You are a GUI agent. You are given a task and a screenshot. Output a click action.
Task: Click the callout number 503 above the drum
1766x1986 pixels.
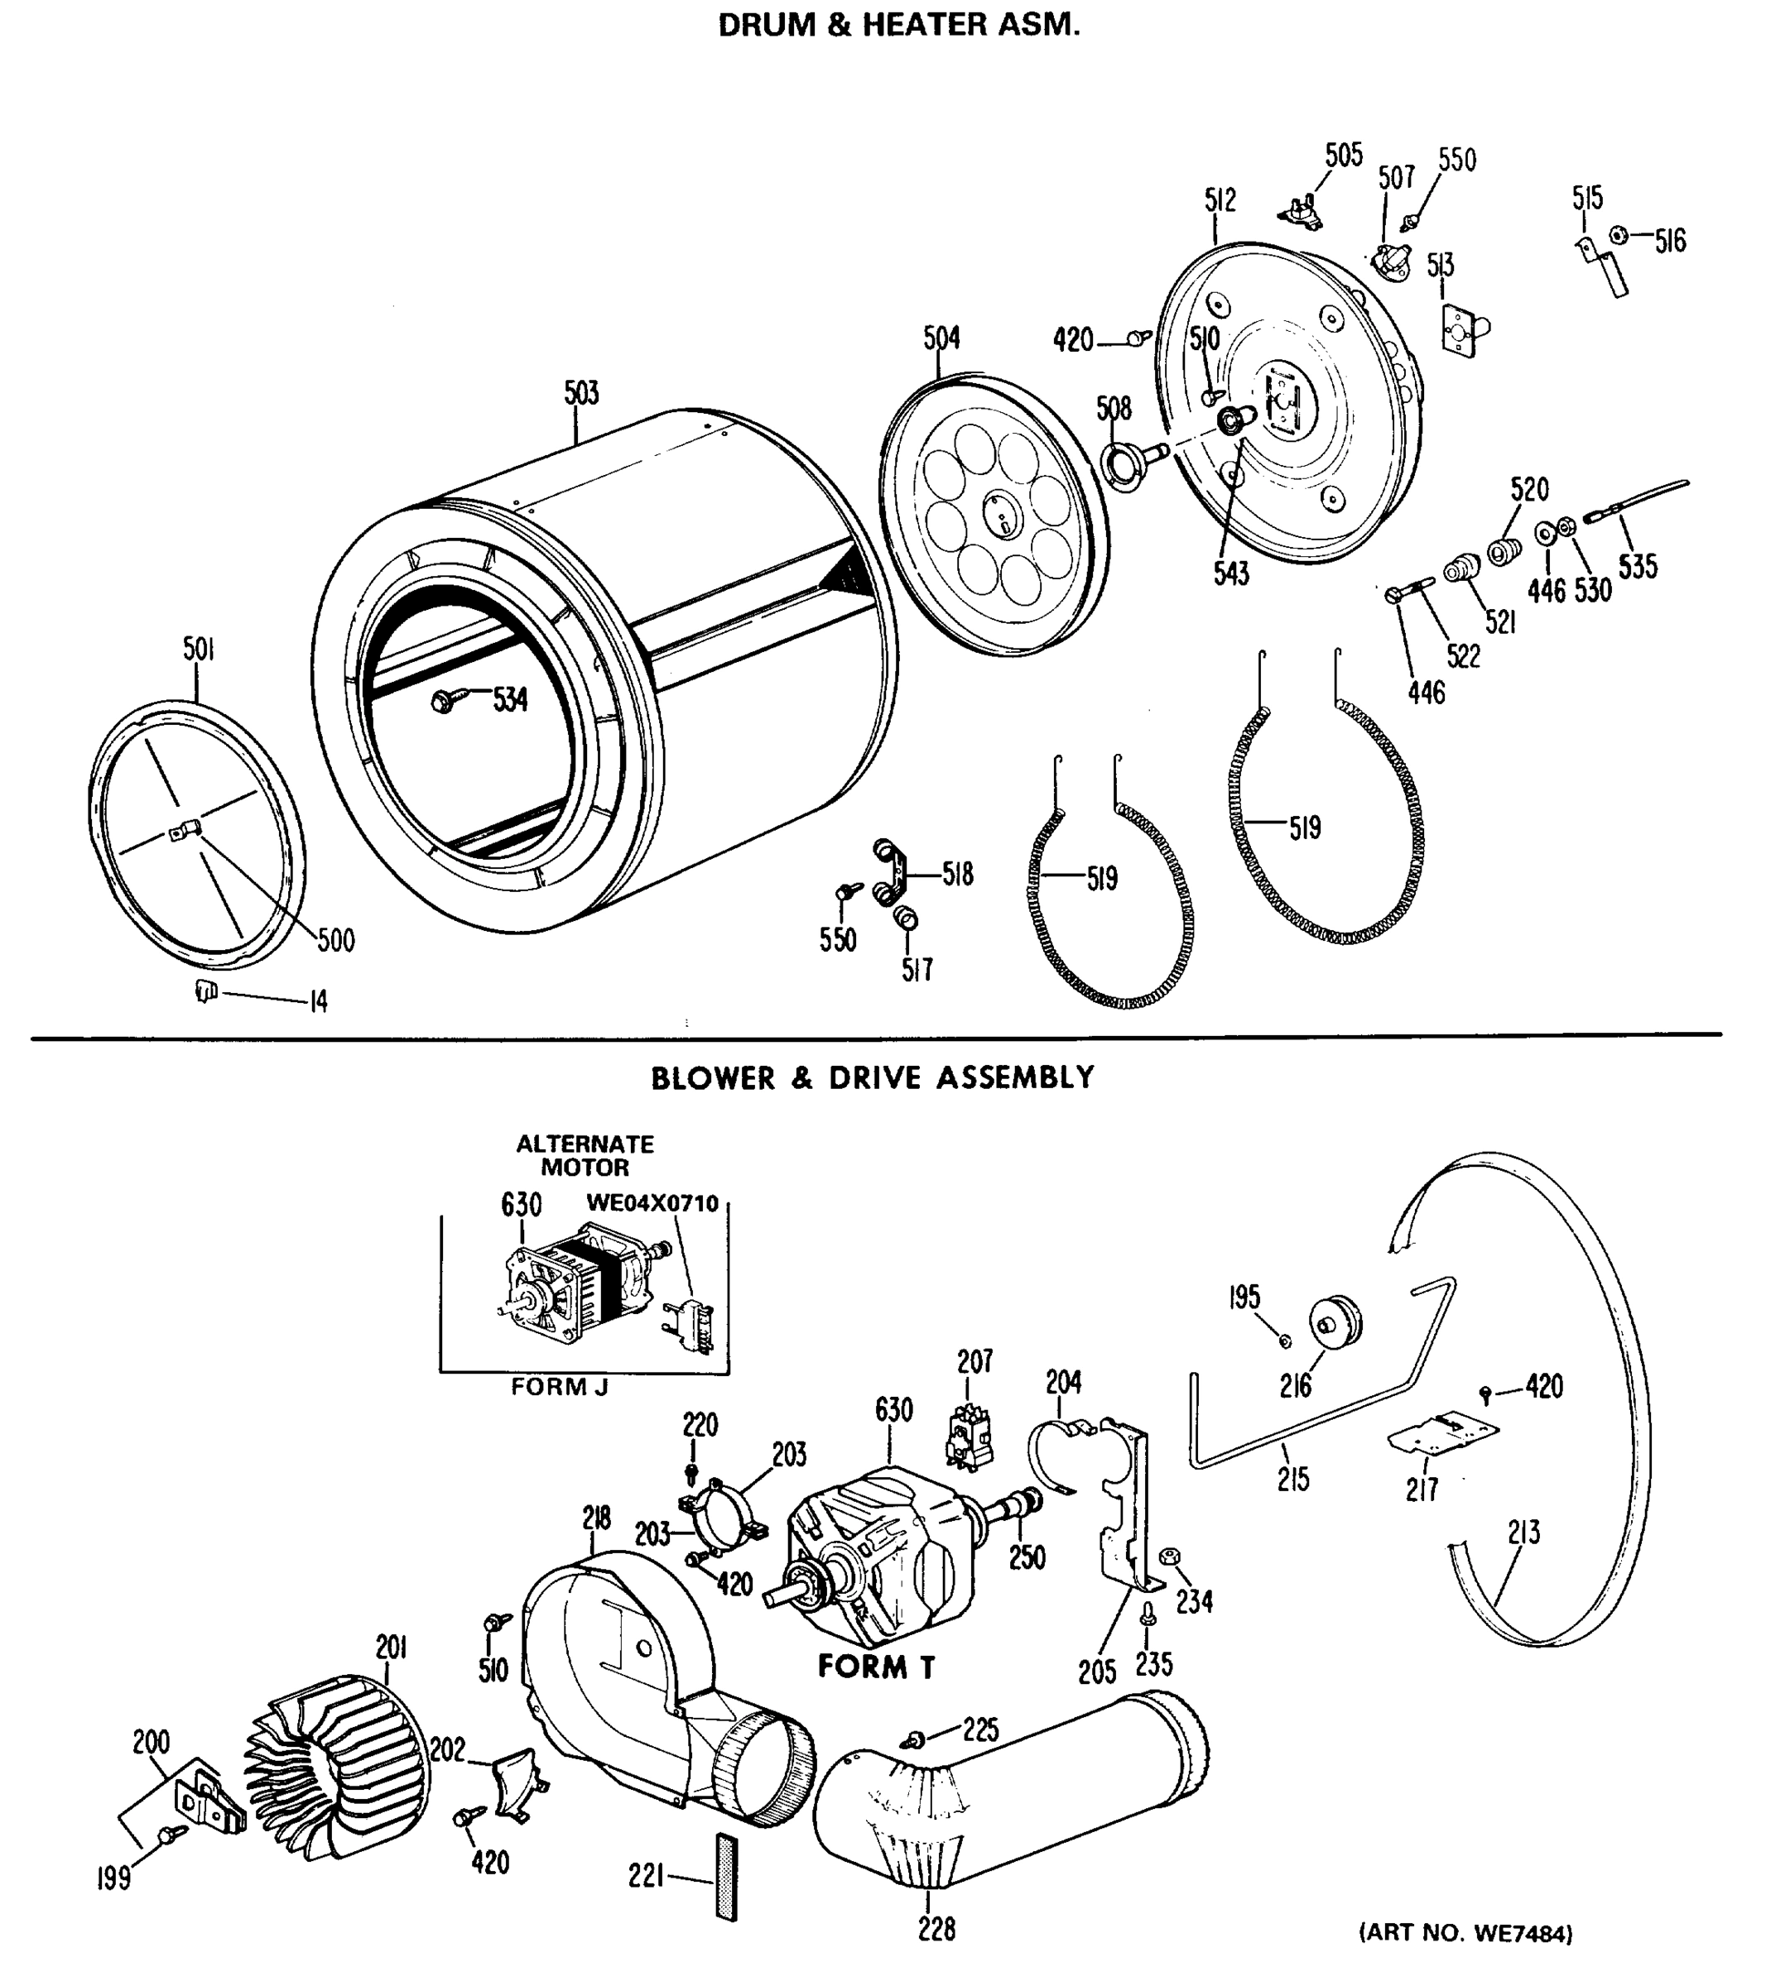[x=581, y=394]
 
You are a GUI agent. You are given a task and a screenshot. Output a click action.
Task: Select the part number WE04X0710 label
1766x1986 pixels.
[x=652, y=1204]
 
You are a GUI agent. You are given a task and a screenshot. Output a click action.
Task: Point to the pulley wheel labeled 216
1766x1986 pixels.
[x=1337, y=1322]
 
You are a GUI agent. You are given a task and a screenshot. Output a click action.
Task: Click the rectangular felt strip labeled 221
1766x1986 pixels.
[x=726, y=1876]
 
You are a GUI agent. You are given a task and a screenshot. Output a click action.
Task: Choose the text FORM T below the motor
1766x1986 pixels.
[x=876, y=1667]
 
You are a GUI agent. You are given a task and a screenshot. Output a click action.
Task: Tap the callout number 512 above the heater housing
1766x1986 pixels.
[x=1220, y=200]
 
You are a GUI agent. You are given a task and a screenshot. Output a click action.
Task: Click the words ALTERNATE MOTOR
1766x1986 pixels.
[x=585, y=1155]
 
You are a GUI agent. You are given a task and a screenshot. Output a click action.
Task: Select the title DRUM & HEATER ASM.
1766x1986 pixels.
[x=898, y=26]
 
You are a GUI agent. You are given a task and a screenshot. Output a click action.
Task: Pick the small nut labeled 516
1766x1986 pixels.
[x=1619, y=235]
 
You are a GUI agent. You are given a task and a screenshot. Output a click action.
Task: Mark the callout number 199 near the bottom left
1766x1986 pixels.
[x=113, y=1879]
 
